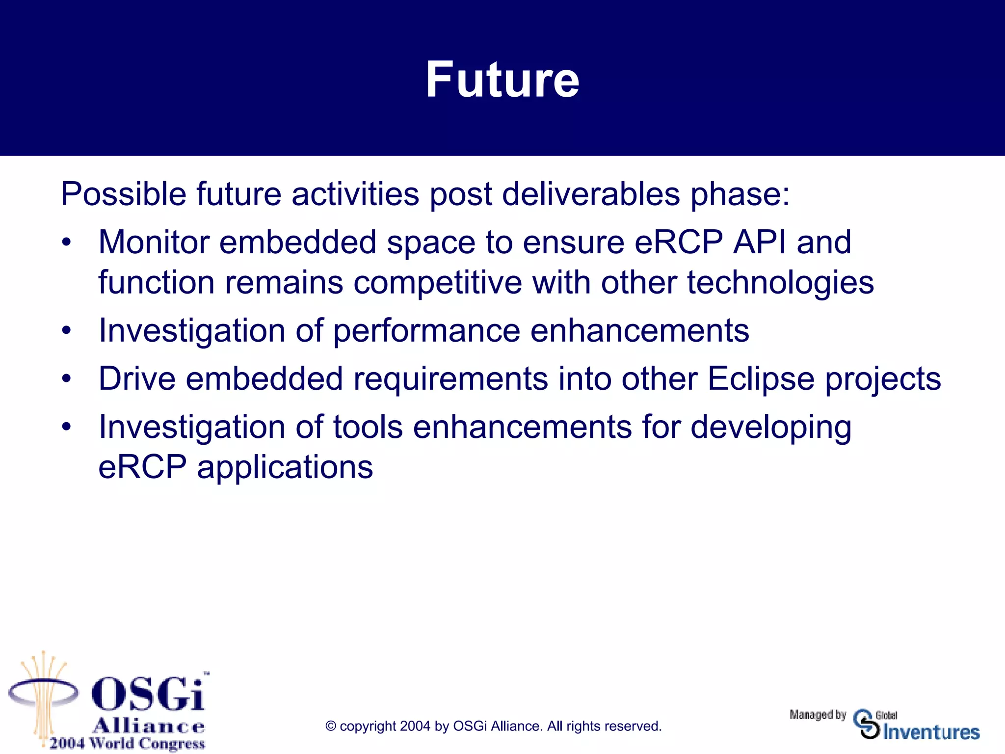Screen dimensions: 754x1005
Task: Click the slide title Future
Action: [502, 80]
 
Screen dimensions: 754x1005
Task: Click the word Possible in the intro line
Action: [123, 194]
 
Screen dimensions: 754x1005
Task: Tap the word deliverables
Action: [591, 194]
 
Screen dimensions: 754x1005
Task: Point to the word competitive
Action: [437, 283]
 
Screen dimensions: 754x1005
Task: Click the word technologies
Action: [780, 283]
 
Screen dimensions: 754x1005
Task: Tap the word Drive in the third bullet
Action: [137, 378]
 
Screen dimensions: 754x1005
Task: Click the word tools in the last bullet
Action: [368, 427]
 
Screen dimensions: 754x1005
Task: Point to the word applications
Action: [285, 468]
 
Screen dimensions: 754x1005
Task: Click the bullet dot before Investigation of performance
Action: [67, 330]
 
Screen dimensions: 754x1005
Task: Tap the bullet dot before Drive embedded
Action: [67, 378]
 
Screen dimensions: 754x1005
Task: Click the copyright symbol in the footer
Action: [331, 727]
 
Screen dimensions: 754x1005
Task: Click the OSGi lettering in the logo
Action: [148, 693]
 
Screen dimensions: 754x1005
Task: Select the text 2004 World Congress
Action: [127, 743]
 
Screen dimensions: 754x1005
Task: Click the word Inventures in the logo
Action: [931, 732]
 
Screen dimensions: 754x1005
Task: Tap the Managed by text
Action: [818, 715]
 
